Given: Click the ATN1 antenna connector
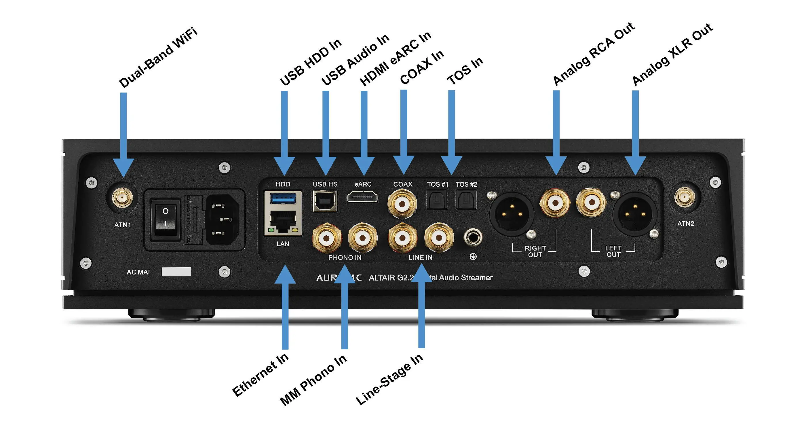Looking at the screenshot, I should tap(123, 198).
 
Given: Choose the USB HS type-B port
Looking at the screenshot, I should tap(325, 201).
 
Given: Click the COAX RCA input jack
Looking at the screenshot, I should tap(402, 204).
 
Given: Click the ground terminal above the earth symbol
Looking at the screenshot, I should tap(473, 237).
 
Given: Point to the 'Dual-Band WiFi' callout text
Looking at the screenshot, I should tap(158, 58).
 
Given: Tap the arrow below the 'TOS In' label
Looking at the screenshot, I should tap(451, 132).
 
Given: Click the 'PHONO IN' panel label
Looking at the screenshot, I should tap(345, 258).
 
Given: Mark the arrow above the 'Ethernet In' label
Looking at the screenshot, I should tap(285, 307).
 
